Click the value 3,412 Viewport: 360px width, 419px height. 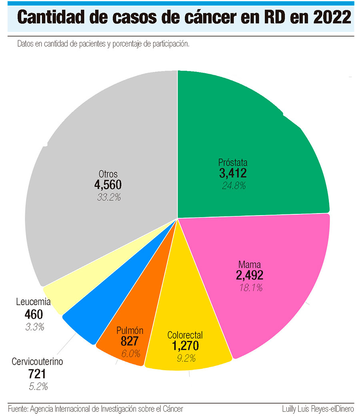click(233, 174)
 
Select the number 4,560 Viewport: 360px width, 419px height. click(108, 185)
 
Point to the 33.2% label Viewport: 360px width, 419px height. click(108, 197)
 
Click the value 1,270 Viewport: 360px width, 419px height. click(185, 346)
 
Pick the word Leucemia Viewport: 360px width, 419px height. click(34, 301)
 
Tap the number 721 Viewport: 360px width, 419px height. click(37, 374)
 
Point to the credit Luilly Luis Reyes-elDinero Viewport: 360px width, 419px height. click(318, 409)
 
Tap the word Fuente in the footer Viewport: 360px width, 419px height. click(17, 409)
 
